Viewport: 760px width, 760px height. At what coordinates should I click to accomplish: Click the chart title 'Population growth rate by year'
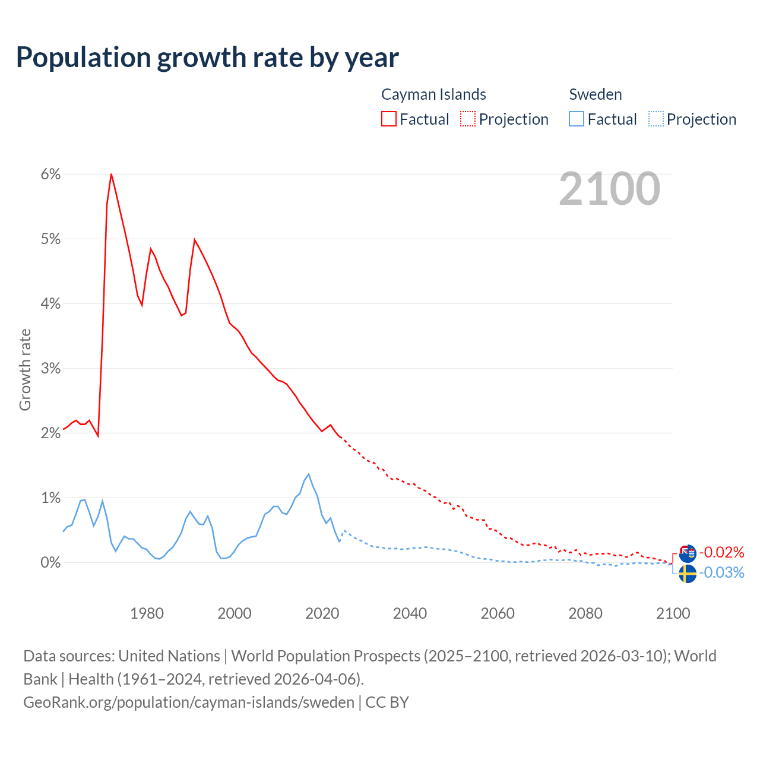[207, 58]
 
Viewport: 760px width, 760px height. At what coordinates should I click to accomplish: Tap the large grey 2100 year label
[609, 189]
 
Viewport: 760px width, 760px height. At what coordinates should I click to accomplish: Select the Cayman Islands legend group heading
[433, 94]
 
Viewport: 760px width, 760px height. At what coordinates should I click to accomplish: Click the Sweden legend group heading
[596, 94]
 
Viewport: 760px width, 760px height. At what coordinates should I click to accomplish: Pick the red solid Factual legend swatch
[389, 119]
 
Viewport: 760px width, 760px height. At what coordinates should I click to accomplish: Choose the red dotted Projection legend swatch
[468, 119]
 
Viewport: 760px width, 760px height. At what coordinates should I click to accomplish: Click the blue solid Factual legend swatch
[577, 119]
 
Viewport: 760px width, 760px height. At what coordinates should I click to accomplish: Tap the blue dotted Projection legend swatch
[655, 119]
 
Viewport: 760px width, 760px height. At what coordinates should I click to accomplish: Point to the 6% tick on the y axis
[51, 174]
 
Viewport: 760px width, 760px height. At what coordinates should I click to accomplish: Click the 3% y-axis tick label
[51, 368]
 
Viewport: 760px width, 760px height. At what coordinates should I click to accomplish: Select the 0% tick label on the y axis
[51, 562]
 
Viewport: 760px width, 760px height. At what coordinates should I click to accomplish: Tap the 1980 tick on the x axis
[147, 613]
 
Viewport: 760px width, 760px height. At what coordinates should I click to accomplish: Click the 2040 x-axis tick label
[410, 613]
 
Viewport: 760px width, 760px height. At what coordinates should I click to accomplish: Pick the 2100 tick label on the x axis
[673, 613]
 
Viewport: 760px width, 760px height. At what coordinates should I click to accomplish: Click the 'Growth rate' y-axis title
[25, 369]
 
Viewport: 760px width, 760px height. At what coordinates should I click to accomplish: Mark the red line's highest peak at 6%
[111, 174]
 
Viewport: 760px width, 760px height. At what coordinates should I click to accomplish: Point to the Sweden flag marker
[688, 574]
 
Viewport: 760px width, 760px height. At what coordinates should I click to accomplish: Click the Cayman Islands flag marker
[688, 553]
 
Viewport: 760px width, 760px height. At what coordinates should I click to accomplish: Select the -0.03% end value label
[721, 573]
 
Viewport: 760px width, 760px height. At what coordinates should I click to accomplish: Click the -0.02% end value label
[721, 553]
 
